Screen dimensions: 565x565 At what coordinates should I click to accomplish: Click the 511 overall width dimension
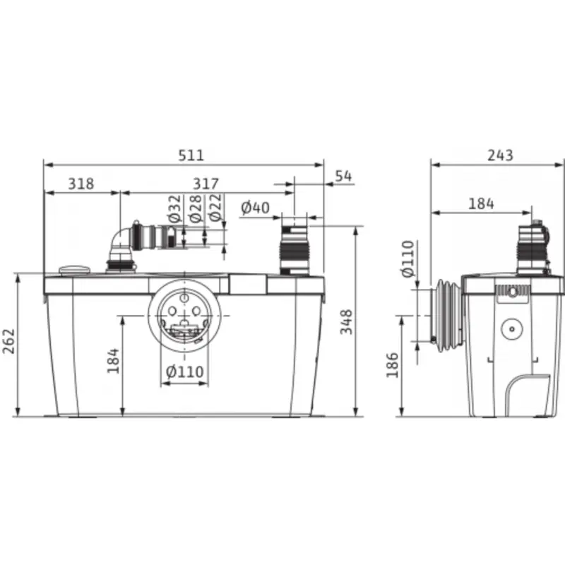(191, 155)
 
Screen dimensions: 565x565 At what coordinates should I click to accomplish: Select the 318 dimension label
(81, 184)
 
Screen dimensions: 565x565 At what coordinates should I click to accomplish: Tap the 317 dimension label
(206, 184)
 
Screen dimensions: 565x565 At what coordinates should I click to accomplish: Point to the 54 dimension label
(343, 176)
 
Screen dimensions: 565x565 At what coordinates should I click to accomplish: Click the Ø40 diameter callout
(255, 208)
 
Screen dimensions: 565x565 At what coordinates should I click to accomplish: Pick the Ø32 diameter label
(174, 208)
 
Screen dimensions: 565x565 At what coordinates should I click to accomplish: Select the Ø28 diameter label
(195, 208)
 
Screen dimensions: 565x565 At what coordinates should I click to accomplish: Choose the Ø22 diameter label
(215, 208)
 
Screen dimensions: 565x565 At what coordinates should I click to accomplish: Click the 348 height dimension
(346, 321)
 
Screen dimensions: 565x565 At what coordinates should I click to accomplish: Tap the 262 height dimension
(8, 341)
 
